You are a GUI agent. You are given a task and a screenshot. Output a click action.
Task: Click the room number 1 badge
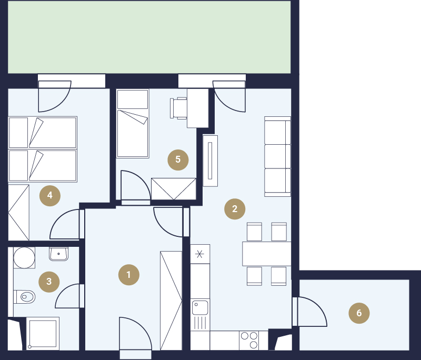129,275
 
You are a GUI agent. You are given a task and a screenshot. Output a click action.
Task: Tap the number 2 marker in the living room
235,209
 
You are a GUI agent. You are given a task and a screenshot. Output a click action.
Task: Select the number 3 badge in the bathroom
49,282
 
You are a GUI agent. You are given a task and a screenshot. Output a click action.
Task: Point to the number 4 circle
50,195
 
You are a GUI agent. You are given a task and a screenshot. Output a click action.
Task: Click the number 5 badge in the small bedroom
178,159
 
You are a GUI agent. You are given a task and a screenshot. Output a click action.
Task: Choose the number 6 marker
359,313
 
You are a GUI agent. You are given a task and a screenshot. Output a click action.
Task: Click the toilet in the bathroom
24,297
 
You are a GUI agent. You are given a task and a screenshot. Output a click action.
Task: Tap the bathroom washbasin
58,254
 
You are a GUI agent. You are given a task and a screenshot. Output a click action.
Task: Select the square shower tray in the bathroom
43,334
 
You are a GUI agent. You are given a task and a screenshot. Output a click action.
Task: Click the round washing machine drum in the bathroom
24,258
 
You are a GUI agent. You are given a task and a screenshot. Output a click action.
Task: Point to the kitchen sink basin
200,308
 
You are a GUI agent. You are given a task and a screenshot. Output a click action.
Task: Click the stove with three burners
249,340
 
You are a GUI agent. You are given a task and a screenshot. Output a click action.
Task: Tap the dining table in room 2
267,254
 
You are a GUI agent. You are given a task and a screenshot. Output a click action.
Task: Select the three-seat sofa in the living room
278,156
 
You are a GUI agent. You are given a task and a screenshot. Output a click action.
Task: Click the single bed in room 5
133,124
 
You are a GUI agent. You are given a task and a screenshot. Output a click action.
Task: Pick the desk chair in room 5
178,108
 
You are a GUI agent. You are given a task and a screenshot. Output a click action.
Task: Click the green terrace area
149,37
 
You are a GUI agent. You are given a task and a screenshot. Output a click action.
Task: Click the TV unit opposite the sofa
210,161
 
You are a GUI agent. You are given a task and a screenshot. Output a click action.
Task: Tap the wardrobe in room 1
171,301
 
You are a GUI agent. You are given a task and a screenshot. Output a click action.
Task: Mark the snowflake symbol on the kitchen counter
199,254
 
